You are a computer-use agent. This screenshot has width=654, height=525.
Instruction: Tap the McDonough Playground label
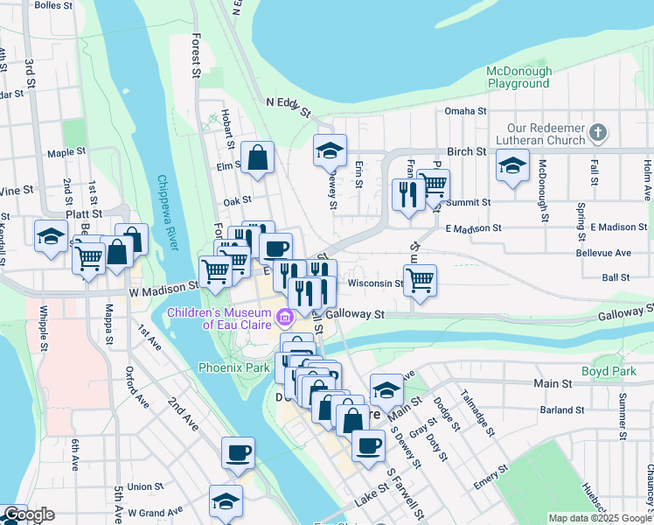pos(519,78)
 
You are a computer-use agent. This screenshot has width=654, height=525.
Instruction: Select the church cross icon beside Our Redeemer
pos(597,132)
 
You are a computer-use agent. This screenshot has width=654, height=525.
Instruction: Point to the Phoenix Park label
pos(233,367)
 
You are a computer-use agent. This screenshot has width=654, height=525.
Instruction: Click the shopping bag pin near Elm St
pos(259,158)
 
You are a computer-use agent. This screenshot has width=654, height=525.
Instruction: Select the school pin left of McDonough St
pos(512,164)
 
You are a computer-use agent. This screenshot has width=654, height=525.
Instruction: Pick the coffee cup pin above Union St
pos(238,453)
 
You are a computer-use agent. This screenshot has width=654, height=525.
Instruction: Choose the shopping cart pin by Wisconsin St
pos(421,281)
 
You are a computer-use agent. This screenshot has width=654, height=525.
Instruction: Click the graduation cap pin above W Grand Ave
pos(226,502)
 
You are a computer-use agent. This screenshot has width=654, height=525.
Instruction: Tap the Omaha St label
pos(464,111)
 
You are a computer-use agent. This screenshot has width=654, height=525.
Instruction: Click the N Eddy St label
pos(289,108)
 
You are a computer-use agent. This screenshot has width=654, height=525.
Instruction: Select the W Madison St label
pos(163,287)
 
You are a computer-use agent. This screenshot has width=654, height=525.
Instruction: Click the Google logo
pos(28,514)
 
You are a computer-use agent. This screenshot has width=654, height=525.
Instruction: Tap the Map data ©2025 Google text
pos(598,518)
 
